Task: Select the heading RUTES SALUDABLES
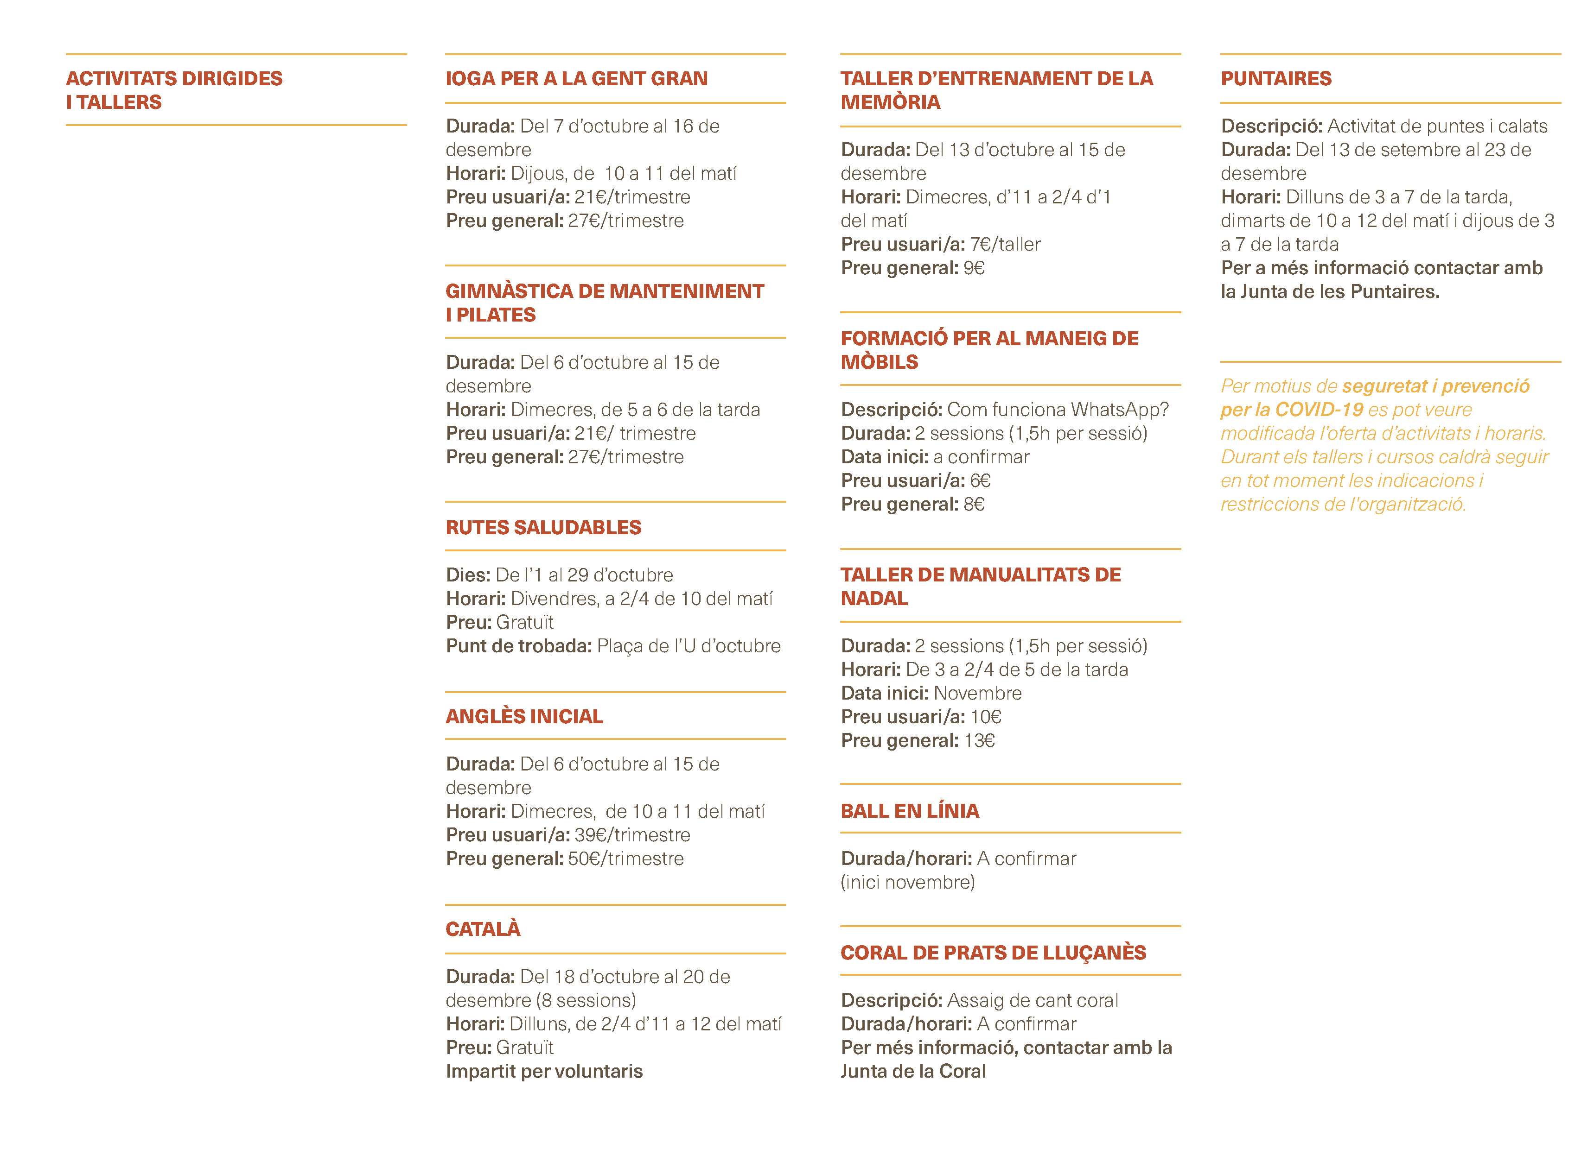click(x=543, y=527)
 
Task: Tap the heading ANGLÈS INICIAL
click(x=524, y=716)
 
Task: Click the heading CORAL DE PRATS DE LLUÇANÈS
click(x=993, y=953)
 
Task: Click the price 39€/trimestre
click(x=632, y=835)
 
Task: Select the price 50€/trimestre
click(x=625, y=859)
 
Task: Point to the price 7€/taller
click(x=1005, y=245)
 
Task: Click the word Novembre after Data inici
click(x=977, y=693)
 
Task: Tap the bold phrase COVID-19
click(x=1318, y=410)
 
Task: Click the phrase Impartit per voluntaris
click(x=544, y=1071)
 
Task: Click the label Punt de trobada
click(x=519, y=646)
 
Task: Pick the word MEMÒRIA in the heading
click(x=890, y=102)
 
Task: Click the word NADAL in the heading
click(x=874, y=599)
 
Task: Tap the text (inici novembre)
click(x=908, y=882)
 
